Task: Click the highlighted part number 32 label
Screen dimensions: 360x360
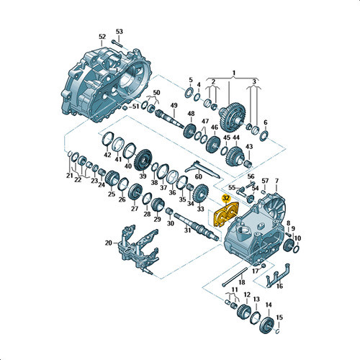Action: click(x=226, y=198)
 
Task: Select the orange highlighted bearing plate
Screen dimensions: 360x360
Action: click(x=226, y=215)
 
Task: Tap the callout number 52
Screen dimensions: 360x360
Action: click(x=102, y=37)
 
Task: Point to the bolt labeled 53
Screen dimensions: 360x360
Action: click(x=117, y=44)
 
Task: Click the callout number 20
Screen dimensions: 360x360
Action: click(x=109, y=243)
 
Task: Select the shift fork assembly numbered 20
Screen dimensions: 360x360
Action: click(x=138, y=249)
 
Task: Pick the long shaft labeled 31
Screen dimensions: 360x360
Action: click(x=197, y=226)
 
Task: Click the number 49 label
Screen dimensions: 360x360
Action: click(x=174, y=105)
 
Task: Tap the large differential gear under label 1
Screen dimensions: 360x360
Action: click(x=232, y=117)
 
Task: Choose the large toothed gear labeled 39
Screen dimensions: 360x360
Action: click(x=143, y=160)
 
